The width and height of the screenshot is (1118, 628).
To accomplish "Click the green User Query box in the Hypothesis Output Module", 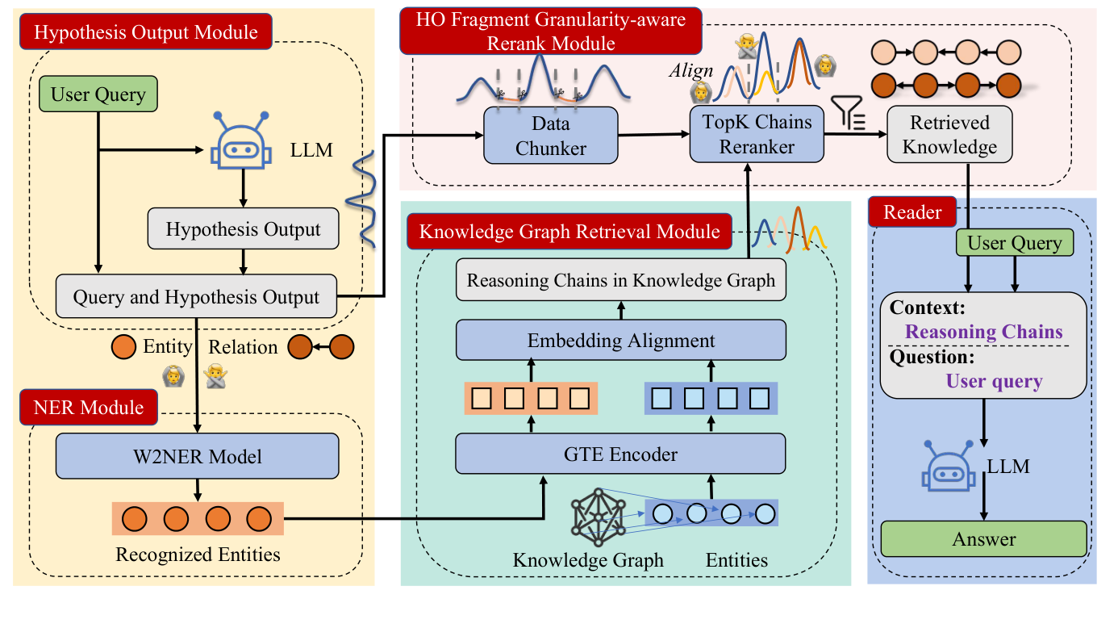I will (98, 95).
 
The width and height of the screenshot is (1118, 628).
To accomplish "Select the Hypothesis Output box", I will (244, 229).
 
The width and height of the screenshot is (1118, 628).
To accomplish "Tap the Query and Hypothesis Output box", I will (197, 297).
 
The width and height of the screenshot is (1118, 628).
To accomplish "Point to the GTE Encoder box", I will (620, 454).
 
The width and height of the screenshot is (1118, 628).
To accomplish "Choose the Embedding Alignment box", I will (620, 340).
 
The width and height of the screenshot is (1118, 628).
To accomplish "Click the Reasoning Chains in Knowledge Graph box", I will (620, 281).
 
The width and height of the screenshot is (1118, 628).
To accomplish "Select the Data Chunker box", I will (550, 135).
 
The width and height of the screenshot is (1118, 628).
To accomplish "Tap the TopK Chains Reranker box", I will (757, 135).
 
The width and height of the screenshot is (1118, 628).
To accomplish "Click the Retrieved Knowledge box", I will (949, 135).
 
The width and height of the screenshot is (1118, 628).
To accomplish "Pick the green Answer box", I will (983, 539).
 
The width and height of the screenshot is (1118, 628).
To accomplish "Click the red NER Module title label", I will (89, 407).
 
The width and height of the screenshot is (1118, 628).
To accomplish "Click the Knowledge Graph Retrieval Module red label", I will (569, 232).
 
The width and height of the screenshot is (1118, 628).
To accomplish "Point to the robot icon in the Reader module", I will (949, 467).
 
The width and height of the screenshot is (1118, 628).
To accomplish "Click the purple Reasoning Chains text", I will (983, 332).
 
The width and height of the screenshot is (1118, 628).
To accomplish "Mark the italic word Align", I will (686, 71).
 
